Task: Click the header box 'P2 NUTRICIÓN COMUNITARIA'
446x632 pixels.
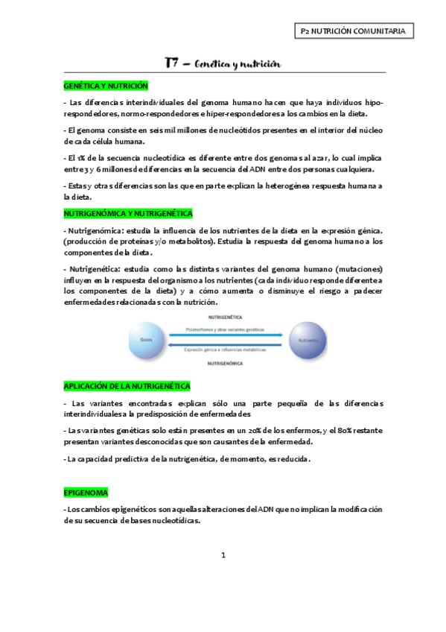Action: click(x=353, y=31)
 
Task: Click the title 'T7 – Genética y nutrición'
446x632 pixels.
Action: click(x=223, y=64)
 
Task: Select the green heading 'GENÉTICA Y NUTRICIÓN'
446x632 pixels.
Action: click(x=106, y=86)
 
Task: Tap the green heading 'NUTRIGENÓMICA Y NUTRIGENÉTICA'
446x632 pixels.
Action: click(x=128, y=213)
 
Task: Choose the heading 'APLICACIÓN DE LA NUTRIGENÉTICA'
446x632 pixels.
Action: click(x=127, y=386)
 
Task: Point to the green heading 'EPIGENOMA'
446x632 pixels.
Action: click(x=86, y=493)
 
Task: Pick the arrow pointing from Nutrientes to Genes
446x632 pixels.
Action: click(x=225, y=345)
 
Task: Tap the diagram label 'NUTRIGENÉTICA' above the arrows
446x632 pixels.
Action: click(x=225, y=317)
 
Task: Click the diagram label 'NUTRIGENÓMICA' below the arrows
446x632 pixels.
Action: click(x=225, y=362)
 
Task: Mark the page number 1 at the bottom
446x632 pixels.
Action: click(x=223, y=555)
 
